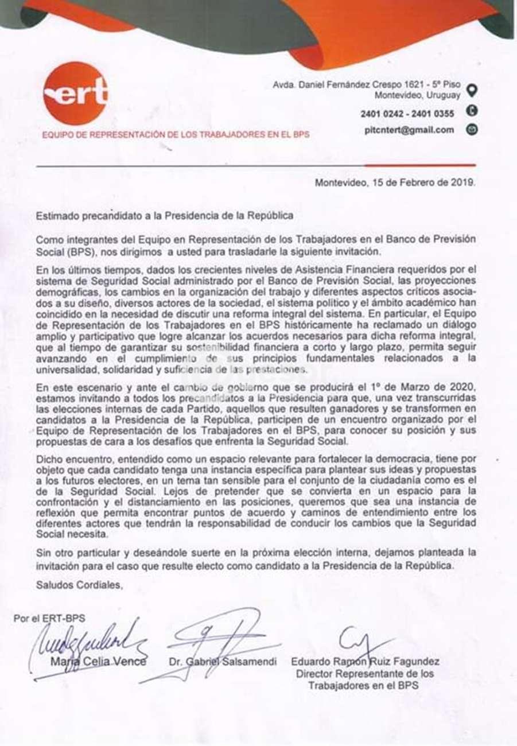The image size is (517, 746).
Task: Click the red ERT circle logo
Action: (75, 93)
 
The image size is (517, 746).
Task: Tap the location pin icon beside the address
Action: (472, 90)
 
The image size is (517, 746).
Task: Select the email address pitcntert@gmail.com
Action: (409, 130)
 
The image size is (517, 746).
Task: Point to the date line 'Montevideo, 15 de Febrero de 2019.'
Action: (395, 184)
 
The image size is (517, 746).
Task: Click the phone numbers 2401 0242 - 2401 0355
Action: (407, 114)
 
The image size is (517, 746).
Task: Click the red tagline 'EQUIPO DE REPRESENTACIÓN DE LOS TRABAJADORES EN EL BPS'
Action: (176, 135)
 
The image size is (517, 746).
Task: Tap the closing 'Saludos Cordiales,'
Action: (79, 585)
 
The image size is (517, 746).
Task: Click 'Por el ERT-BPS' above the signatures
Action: (49, 618)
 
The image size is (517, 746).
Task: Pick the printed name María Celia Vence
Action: (99, 661)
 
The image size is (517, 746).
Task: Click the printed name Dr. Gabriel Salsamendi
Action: (223, 662)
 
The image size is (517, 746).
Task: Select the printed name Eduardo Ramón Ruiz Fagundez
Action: (366, 662)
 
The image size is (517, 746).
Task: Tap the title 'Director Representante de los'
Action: (365, 673)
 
